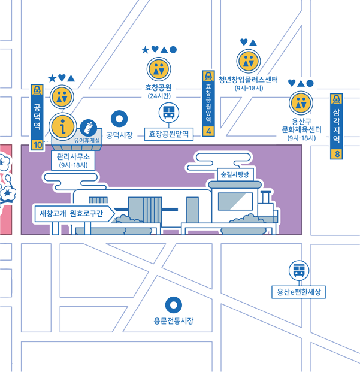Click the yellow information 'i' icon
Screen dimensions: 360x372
63,126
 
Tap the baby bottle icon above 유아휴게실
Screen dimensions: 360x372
88,128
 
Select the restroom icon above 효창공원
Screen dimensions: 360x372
159,69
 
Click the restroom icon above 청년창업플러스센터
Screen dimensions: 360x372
249,61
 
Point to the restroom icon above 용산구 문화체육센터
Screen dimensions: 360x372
301,103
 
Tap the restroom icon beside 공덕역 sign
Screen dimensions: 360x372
62,97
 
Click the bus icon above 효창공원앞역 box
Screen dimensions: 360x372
169,113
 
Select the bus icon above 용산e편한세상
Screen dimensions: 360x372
299,270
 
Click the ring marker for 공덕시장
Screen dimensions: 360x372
119,119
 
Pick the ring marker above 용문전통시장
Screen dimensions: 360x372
174,305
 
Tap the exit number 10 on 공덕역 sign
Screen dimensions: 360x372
38,145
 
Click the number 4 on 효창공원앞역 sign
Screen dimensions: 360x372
208,131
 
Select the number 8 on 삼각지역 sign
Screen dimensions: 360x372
337,154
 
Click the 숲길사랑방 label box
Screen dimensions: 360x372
235,174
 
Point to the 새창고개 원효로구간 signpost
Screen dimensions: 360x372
74,213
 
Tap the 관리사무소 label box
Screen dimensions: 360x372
73,161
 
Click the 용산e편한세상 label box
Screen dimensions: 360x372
298,292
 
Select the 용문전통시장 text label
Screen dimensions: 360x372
174,321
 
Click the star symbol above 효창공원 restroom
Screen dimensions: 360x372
145,50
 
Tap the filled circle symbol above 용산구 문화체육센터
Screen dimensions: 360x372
310,83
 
